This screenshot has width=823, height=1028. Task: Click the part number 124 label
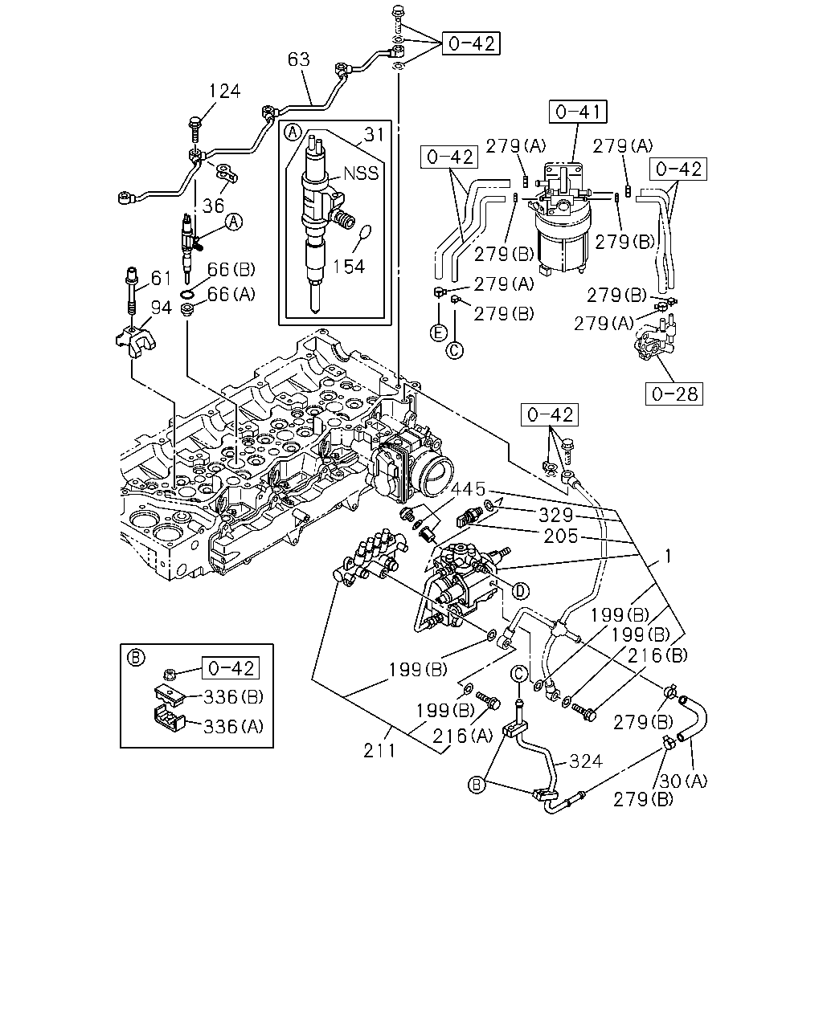225,91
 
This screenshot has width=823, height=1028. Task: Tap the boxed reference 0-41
578,112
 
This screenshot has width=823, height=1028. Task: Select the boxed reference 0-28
674,394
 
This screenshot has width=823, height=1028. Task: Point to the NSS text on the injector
361,173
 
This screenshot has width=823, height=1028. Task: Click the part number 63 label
299,59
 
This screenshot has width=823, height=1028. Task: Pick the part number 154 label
349,267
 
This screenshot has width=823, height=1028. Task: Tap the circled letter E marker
439,333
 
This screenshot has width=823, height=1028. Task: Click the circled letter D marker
520,591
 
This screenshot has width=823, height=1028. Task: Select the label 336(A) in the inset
233,727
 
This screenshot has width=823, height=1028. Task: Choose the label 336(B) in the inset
233,697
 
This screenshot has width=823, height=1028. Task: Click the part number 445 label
469,488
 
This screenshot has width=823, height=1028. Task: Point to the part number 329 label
555,515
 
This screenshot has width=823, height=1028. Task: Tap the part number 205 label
561,536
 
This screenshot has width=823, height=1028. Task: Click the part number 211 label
379,751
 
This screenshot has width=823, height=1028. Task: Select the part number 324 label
586,761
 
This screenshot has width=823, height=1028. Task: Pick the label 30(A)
683,781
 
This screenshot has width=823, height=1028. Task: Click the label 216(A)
462,736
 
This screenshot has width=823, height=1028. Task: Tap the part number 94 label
162,308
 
